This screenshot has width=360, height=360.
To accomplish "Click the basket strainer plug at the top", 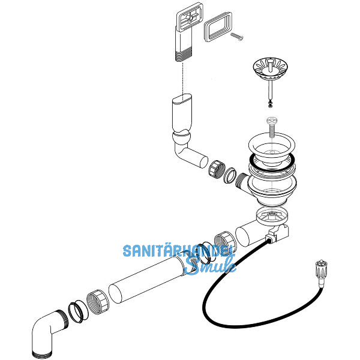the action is pyautogui.click(x=271, y=69).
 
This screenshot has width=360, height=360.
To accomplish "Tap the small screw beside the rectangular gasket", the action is pyautogui.click(x=237, y=37).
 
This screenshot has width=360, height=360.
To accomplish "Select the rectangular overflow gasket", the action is pyautogui.click(x=218, y=27).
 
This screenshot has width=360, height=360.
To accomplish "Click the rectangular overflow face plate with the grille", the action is pyautogui.click(x=190, y=17).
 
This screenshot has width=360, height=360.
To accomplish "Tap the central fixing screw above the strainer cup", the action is pyautogui.click(x=272, y=126).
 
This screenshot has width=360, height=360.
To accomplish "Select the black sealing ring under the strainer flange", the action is pyautogui.click(x=272, y=163).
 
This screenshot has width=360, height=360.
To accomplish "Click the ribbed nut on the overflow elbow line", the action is pyautogui.click(x=217, y=169).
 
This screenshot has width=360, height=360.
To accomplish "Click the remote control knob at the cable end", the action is pyautogui.click(x=321, y=272).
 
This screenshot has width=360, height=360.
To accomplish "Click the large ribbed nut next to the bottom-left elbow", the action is pyautogui.click(x=98, y=301).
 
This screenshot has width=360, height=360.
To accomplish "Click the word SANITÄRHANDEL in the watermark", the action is pyautogui.click(x=179, y=251).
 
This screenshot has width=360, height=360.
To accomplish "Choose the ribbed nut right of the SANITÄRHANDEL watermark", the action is pyautogui.click(x=225, y=243).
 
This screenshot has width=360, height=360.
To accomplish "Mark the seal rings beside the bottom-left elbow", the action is pyautogui.click(x=79, y=312).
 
